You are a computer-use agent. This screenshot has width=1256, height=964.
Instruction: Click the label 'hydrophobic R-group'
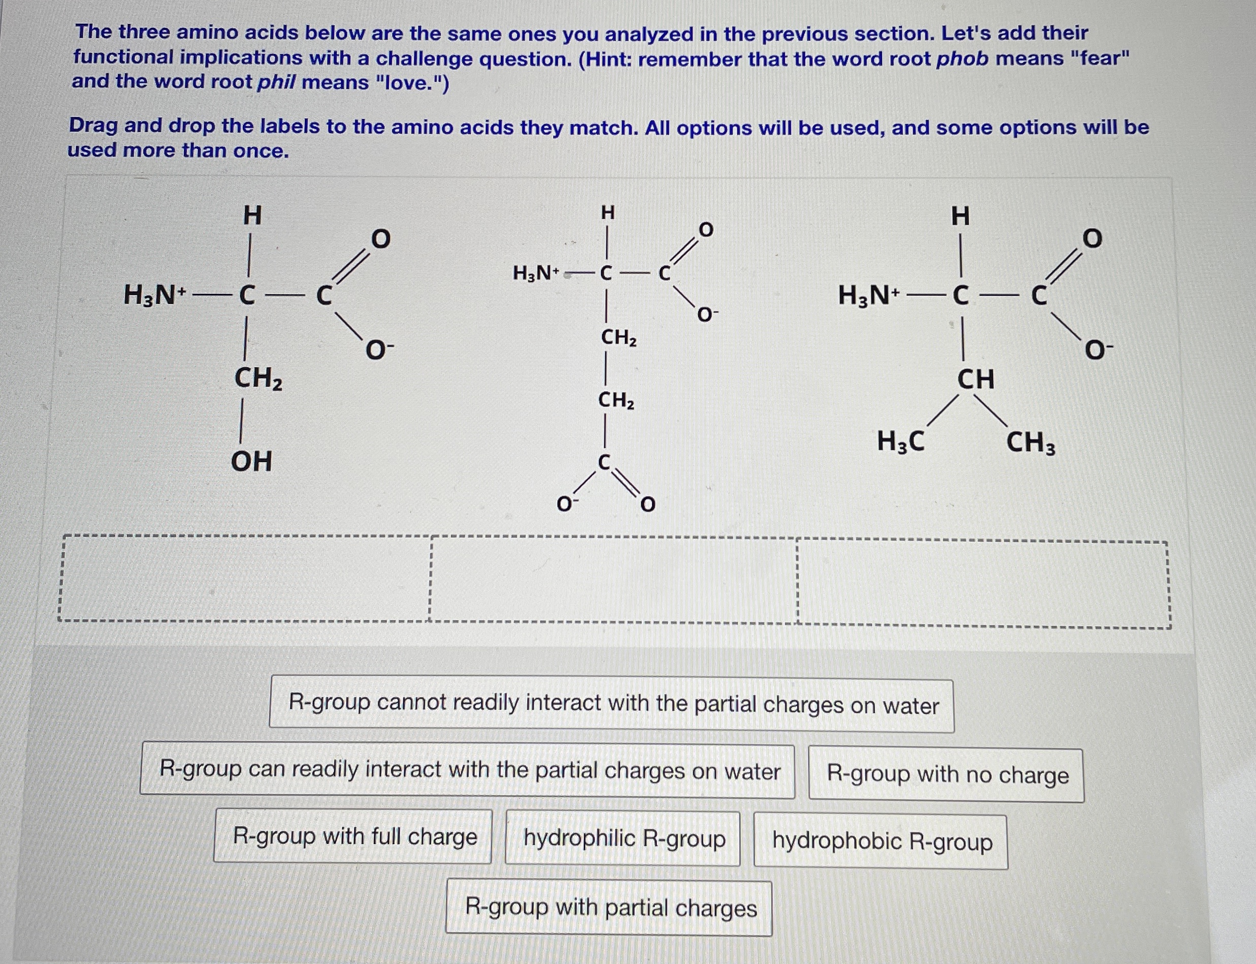coord(881,841)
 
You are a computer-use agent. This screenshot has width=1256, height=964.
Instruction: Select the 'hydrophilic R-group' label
coord(623,838)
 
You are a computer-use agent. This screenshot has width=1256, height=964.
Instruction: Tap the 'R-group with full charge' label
coord(353,836)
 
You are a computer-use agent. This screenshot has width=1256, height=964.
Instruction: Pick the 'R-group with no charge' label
coord(947,775)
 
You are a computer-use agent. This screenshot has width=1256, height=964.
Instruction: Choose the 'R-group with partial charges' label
coord(610,908)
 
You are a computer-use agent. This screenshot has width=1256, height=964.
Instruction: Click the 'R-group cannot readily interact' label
coord(612,705)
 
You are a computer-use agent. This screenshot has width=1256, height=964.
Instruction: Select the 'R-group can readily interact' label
coord(468,770)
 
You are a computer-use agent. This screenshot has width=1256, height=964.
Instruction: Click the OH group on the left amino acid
coord(251,461)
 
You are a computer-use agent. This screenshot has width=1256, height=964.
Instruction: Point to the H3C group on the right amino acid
coord(901,442)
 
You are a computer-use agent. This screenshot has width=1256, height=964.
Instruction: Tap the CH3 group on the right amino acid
coord(1031,443)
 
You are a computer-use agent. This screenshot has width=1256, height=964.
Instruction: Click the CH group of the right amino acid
coord(975,380)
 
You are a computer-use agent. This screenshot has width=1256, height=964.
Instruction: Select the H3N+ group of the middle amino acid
coord(536,273)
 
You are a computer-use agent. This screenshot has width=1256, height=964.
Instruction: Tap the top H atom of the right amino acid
coord(961,216)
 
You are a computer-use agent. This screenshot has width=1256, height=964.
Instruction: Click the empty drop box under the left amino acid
coord(245,578)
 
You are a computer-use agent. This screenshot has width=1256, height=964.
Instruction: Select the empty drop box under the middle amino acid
coord(613,579)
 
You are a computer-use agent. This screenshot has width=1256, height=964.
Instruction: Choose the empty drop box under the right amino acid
coord(983,583)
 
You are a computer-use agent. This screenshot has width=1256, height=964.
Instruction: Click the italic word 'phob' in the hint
coord(962,59)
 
